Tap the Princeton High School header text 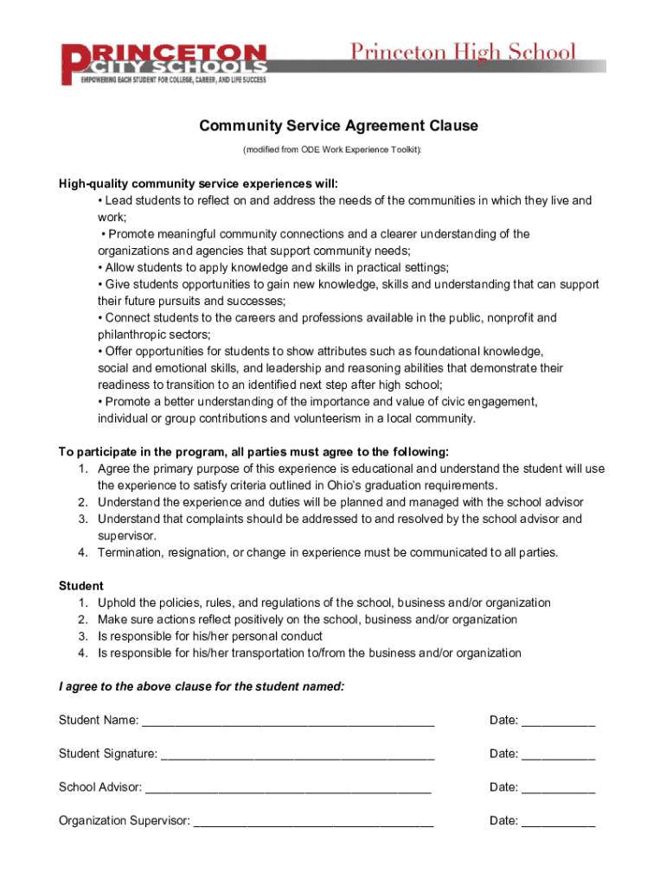pyautogui.click(x=462, y=52)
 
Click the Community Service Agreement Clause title pyautogui.click(x=338, y=126)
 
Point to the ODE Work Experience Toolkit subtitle pyautogui.click(x=333, y=150)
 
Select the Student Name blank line pyautogui.click(x=287, y=721)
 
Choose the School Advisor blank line pyautogui.click(x=287, y=788)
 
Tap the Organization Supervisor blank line pyautogui.click(x=313, y=822)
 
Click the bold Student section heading pyautogui.click(x=80, y=586)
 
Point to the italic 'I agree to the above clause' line pyautogui.click(x=201, y=687)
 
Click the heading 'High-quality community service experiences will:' pyautogui.click(x=198, y=183)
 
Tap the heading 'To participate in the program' pyautogui.click(x=253, y=452)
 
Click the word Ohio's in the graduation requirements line pyautogui.click(x=363, y=486)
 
